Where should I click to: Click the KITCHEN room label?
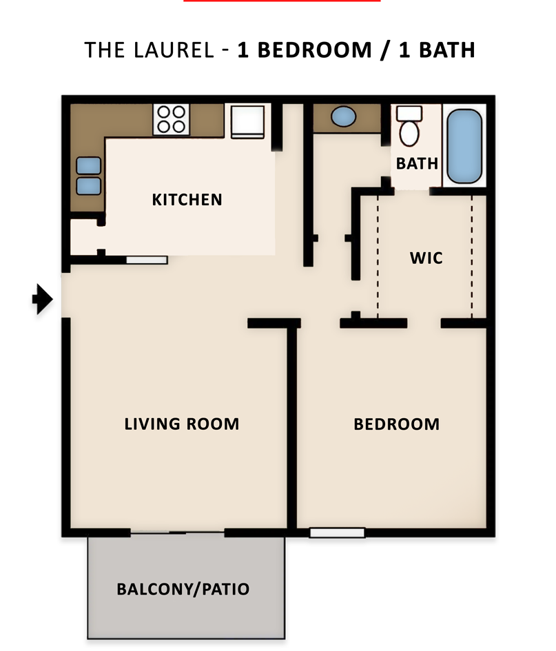pos(187,200)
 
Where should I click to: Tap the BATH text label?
pos(417,163)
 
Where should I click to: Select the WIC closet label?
pos(426,258)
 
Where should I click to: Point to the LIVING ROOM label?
pos(182,424)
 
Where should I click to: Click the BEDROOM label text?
pos(396,424)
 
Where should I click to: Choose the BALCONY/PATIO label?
pos(183,590)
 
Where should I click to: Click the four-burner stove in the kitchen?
pos(172,118)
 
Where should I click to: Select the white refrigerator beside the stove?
pos(248,121)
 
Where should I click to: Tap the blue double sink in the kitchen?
pos(88,176)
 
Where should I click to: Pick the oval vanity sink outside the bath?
pos(344,116)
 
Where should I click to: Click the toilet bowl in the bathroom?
pos(409,133)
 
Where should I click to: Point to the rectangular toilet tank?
pos(409,113)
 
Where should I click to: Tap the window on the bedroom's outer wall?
pos(337,533)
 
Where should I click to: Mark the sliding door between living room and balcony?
pos(178,533)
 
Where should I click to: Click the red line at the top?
pos(281,1)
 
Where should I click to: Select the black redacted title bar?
pos(279,51)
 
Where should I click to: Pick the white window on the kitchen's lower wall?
pos(146,260)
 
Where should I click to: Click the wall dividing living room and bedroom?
pos(292,427)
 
